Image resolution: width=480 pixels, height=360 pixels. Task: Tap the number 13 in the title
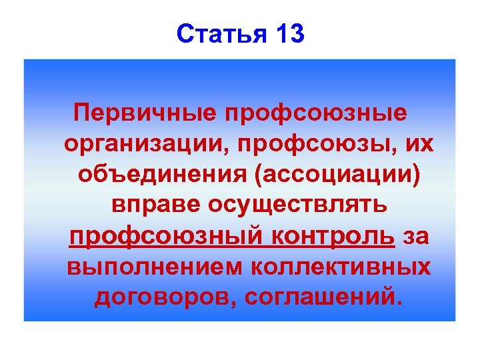(289, 34)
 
